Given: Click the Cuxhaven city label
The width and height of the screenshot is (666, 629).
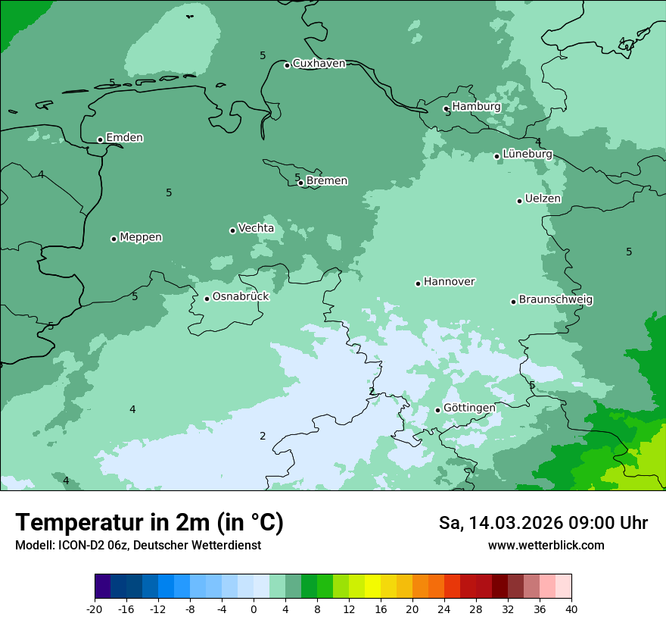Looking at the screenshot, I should pos(319,64).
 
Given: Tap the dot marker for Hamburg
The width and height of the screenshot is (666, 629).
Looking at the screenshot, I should pos(447,108).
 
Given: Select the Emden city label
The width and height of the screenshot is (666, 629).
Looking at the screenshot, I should pos(124,138).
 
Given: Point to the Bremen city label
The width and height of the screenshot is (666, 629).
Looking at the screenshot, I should pos(327,181).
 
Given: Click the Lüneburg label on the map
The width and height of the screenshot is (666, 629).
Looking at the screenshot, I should pos(528,154).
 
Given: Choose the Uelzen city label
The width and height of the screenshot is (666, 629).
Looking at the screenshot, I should pos(543,199).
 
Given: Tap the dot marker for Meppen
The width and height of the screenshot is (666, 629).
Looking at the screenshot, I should pos(114,239).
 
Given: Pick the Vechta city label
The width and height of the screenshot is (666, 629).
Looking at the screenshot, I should pos(256,228).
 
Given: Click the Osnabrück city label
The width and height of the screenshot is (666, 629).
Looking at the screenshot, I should pos(241,296).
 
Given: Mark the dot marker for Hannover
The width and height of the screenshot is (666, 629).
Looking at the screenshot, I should pos(418,283).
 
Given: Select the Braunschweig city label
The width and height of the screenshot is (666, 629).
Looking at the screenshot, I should pos(556,300).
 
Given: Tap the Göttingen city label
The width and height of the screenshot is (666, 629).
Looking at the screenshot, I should pos(469,408).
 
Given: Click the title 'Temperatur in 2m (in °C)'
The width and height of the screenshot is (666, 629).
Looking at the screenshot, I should pos(149,523).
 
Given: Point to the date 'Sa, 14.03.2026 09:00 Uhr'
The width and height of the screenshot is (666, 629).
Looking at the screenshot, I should pos(543,523).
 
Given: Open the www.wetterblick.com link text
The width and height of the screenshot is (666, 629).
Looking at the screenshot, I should pos(546,546).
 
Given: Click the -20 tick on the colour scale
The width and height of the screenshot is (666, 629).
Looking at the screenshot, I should pos(95,609).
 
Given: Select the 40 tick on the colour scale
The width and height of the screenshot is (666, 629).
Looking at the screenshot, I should pos(571,609).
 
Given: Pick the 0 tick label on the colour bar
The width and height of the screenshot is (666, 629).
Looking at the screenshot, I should pos(254,609).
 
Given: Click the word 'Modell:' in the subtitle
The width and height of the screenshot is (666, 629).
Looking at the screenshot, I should pos(33,546).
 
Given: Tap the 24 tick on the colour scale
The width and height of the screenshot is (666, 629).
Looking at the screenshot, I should pos(444,609).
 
